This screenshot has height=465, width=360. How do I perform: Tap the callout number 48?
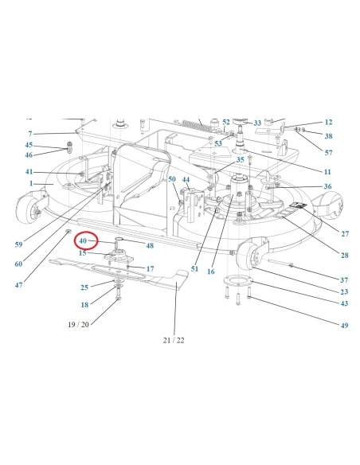150,245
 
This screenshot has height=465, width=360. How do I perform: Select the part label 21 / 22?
174,340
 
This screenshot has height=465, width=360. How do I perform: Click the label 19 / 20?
78,324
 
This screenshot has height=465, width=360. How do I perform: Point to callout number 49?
344,326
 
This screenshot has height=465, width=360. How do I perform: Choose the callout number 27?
345,233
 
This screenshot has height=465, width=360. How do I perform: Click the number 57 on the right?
329,152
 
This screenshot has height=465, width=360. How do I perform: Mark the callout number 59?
18,244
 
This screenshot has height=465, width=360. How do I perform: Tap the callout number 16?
211,272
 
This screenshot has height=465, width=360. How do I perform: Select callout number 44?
186,180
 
